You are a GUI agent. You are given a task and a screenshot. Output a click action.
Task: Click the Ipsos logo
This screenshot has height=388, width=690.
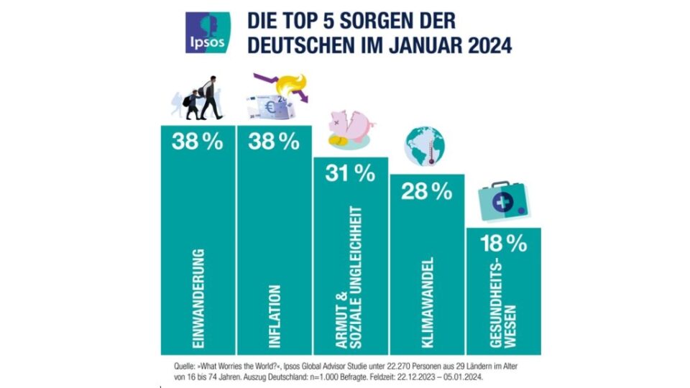click(208, 32)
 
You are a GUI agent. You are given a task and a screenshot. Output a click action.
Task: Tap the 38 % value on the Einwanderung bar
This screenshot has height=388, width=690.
click(197, 142)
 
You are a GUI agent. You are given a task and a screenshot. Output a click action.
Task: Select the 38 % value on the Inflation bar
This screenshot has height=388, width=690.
click(274, 142)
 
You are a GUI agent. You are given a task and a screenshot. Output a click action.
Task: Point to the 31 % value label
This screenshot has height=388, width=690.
click(349, 173)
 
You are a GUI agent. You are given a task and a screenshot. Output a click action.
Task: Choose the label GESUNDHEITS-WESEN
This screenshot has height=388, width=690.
click(502, 310)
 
